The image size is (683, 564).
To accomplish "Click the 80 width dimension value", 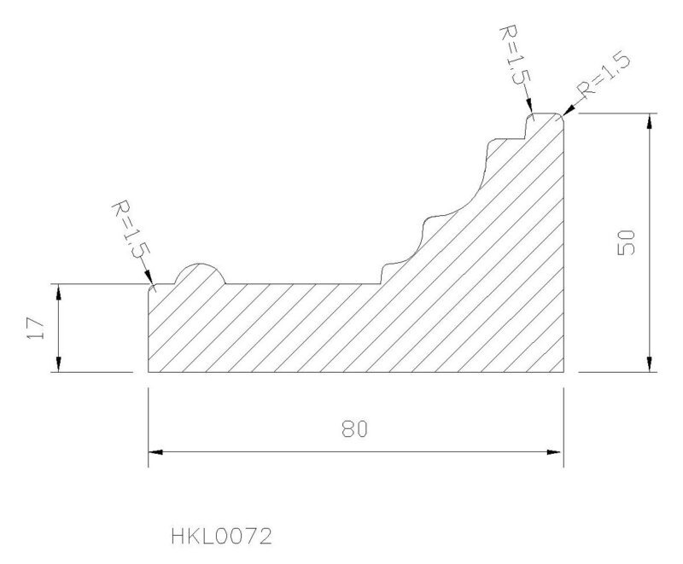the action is (x=354, y=428).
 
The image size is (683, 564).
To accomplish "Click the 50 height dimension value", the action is (x=627, y=243).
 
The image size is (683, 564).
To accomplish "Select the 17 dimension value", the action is (x=36, y=329).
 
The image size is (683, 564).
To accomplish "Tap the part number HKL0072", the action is (x=221, y=536).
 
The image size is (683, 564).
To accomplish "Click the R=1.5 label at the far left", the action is (x=131, y=234).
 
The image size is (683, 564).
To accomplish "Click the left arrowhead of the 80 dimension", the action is (x=155, y=452).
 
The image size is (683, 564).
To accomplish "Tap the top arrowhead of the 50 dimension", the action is (x=650, y=121).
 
